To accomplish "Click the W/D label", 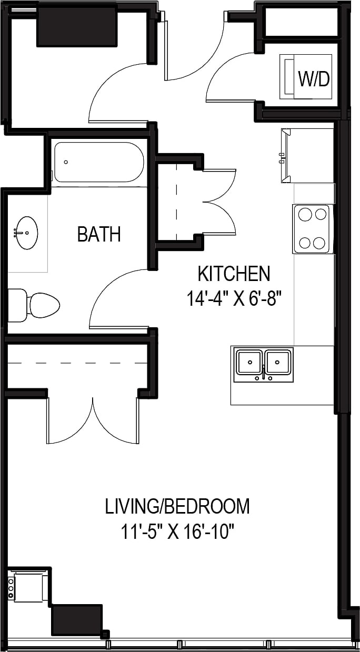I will [x=314, y=79].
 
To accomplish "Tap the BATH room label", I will [x=99, y=234].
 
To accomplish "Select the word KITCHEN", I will [x=234, y=274].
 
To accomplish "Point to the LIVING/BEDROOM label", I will [x=177, y=506].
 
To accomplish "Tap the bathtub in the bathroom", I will [x=99, y=162].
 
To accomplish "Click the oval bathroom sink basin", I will [x=26, y=232].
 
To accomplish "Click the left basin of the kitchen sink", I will [x=250, y=362].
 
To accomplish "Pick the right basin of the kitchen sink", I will [x=278, y=362].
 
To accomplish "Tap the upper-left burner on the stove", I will [x=305, y=214].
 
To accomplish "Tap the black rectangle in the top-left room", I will [x=77, y=26].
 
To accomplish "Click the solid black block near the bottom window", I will [x=76, y=620].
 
